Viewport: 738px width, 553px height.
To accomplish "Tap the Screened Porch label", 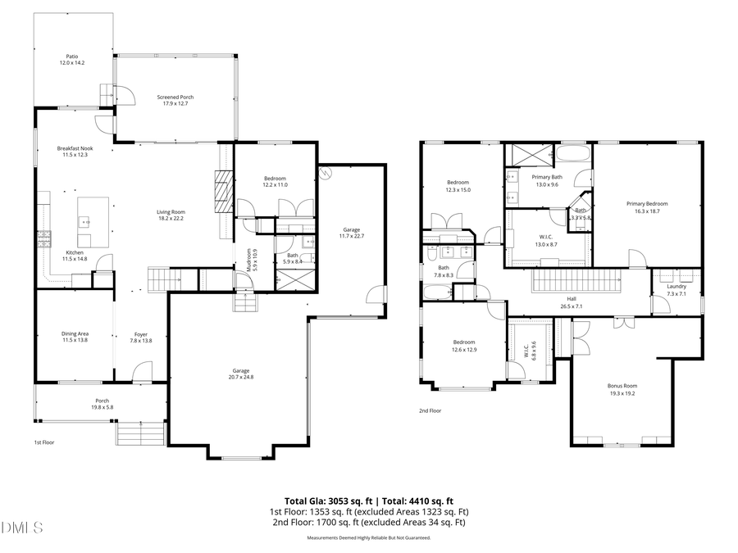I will coord(175,100).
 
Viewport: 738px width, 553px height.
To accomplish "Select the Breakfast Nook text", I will coord(75,151).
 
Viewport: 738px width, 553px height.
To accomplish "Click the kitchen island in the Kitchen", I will coord(93,221).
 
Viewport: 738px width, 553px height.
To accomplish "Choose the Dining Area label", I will coord(75,336).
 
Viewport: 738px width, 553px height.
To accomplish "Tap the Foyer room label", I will coord(142,336).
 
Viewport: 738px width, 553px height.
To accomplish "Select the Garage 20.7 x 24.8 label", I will coord(241,373).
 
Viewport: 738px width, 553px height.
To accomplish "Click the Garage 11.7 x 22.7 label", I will coord(350,233).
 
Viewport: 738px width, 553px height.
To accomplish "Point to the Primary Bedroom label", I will coord(647,206).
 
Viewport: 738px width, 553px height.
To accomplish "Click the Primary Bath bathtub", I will coord(574,155).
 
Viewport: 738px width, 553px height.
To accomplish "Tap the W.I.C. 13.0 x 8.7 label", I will coord(546,241).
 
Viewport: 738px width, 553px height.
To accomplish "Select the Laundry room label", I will coord(676,288).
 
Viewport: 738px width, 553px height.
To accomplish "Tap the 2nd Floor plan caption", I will coord(430,410).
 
